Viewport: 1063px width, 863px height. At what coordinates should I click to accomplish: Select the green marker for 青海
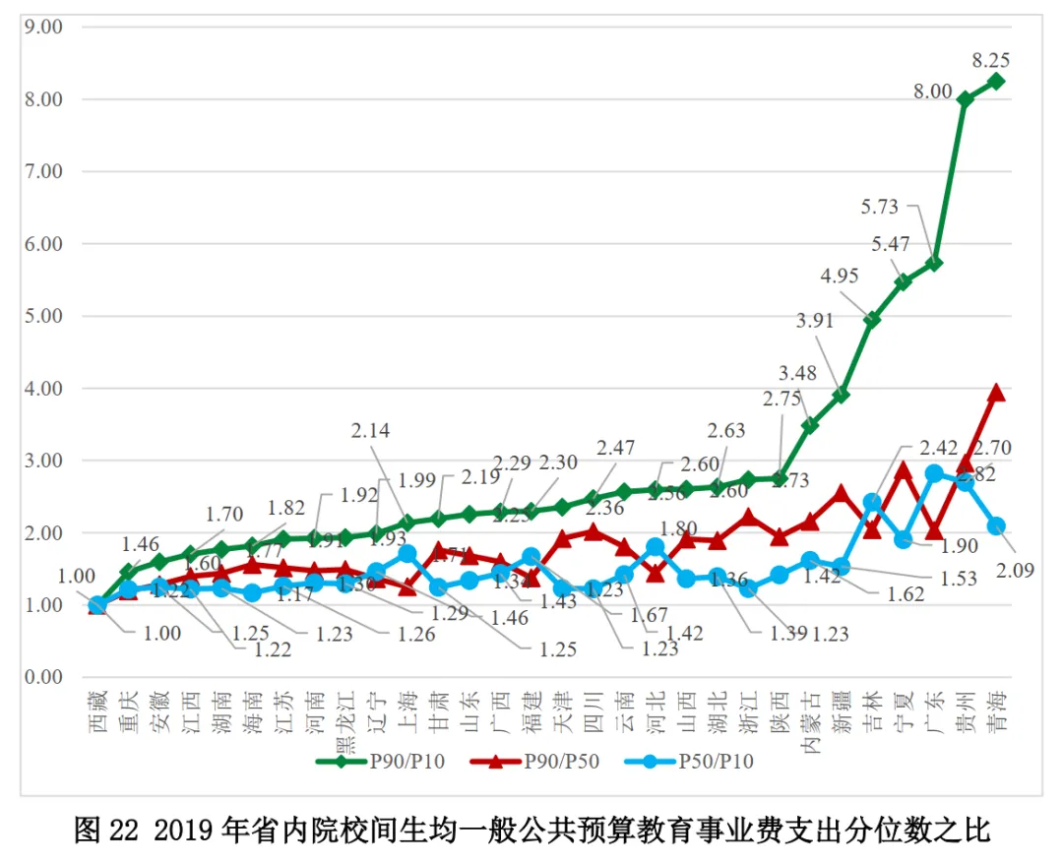pyautogui.click(x=996, y=82)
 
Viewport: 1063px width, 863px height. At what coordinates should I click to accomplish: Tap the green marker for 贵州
pyautogui.click(x=966, y=99)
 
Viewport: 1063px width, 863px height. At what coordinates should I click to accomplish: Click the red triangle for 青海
pyautogui.click(x=996, y=392)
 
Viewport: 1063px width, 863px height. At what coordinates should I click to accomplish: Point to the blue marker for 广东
pyautogui.click(x=934, y=473)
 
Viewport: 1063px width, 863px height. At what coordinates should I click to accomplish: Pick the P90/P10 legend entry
pyautogui.click(x=381, y=760)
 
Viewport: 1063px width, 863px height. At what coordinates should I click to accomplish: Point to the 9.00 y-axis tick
pyautogui.click(x=43, y=27)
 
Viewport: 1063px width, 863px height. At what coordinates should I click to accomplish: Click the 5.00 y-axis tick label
pyautogui.click(x=43, y=316)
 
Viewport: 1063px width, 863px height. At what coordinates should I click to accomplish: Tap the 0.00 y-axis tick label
pyautogui.click(x=43, y=677)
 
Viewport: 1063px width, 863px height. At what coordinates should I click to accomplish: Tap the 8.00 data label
pyautogui.click(x=931, y=92)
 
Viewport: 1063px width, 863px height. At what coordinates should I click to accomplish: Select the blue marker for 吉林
pyautogui.click(x=872, y=502)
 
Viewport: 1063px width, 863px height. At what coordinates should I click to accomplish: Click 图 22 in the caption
pyautogui.click(x=103, y=830)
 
